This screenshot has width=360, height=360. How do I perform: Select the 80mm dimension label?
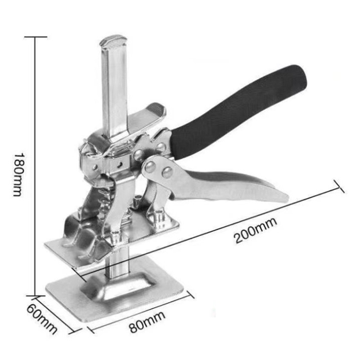pyautogui.click(x=147, y=322)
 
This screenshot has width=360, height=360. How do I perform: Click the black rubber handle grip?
pyautogui.click(x=239, y=111)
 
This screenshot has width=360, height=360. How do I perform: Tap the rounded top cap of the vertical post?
pyautogui.click(x=113, y=41)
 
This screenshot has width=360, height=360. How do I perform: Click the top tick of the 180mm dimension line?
pyautogui.click(x=36, y=37)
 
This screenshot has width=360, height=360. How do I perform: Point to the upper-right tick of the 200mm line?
pyautogui.click(x=339, y=186)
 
